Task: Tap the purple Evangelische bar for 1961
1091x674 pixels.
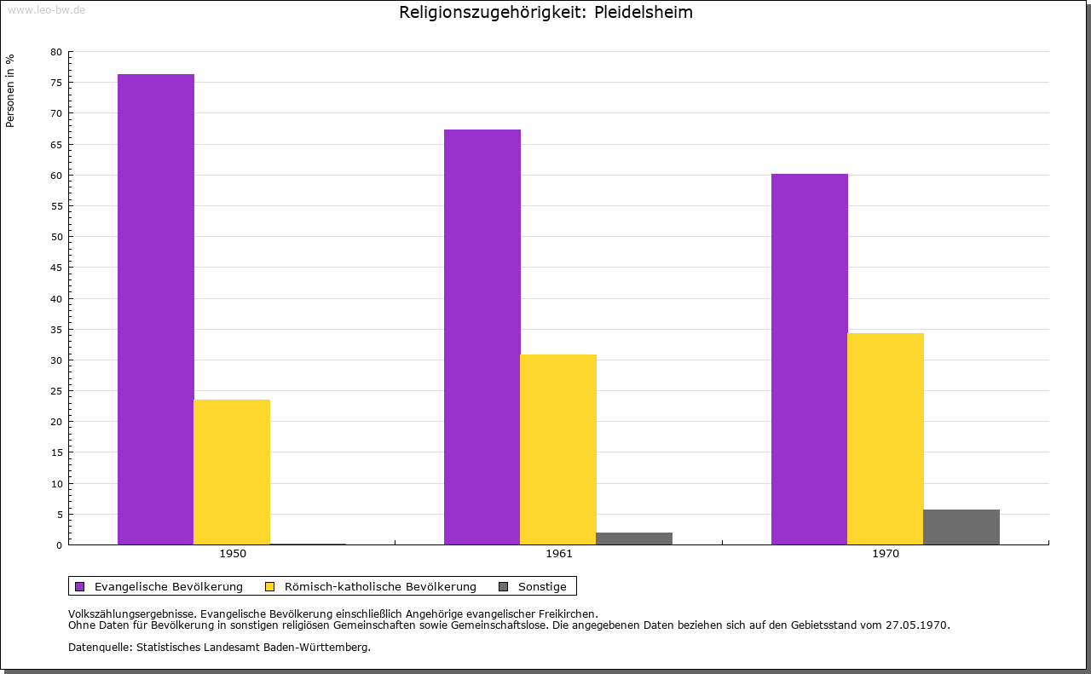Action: tap(482, 337)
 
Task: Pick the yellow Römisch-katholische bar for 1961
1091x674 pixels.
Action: tap(557, 449)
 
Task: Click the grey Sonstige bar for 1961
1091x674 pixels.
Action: tap(634, 539)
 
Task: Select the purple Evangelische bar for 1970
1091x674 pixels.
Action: tap(809, 359)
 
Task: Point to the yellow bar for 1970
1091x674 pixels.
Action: tap(885, 438)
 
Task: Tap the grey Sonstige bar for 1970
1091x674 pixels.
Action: tap(961, 527)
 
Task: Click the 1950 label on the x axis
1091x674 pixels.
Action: tap(232, 554)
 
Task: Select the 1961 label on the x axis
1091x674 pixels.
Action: tap(559, 554)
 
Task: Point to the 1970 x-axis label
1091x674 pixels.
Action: tap(886, 554)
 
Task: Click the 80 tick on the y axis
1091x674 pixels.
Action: tap(56, 52)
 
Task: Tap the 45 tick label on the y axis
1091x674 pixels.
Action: tap(56, 268)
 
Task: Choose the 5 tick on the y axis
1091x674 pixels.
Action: tap(59, 515)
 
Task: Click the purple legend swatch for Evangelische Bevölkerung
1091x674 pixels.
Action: tap(80, 586)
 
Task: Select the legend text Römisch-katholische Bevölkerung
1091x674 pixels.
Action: tap(380, 586)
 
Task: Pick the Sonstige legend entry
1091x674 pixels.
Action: tap(542, 586)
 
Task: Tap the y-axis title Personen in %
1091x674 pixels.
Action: tap(10, 90)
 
